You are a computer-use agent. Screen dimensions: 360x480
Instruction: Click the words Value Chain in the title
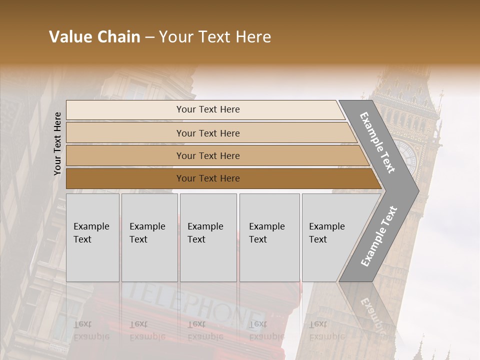click(x=94, y=37)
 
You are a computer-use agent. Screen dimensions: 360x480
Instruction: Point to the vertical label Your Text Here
click(x=57, y=144)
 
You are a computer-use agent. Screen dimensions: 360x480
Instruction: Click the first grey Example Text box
click(x=92, y=237)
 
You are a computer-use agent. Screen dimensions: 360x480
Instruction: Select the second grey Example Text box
click(x=149, y=237)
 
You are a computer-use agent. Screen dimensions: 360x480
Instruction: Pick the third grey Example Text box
click(x=208, y=237)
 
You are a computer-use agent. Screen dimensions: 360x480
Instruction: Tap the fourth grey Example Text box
click(x=269, y=237)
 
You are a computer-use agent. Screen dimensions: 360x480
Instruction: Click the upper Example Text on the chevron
click(x=378, y=142)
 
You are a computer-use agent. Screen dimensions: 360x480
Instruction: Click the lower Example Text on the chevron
click(x=379, y=236)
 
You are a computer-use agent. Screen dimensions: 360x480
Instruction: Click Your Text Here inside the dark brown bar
click(x=208, y=178)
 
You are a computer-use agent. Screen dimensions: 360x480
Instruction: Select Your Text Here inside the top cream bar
click(x=208, y=109)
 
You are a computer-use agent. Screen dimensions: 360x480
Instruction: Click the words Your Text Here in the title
click(x=215, y=37)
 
